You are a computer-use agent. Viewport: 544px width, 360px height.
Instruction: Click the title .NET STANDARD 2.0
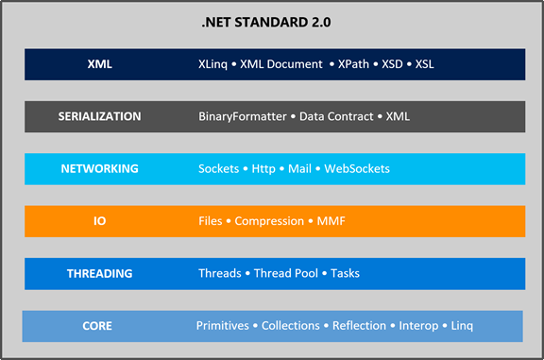[x=272, y=22]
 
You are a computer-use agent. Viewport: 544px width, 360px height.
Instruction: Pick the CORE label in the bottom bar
[x=97, y=326]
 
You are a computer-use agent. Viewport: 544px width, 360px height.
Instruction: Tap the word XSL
[x=421, y=65]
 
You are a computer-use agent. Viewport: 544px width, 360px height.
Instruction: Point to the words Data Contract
[x=337, y=117]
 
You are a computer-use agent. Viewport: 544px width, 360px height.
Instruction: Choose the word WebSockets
[x=357, y=169]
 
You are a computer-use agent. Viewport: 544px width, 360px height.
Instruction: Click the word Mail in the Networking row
[x=299, y=169]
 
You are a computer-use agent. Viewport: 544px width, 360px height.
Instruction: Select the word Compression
[x=268, y=221]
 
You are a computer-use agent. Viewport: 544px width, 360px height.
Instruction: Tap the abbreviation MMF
[x=331, y=221]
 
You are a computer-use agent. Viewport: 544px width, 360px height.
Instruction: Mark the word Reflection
[x=360, y=326]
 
